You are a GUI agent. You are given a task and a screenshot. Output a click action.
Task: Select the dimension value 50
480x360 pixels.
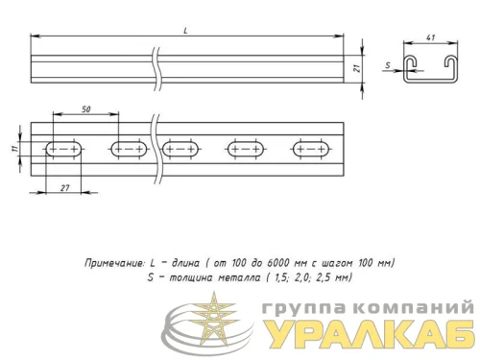pyautogui.click(x=86, y=110)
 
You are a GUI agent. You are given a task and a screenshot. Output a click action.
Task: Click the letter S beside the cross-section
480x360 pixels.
pyautogui.click(x=387, y=66)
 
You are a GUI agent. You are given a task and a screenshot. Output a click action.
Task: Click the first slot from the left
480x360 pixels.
pyautogui.click(x=62, y=149)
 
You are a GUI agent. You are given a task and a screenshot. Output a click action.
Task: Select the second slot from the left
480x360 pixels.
pyautogui.click(x=128, y=149)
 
